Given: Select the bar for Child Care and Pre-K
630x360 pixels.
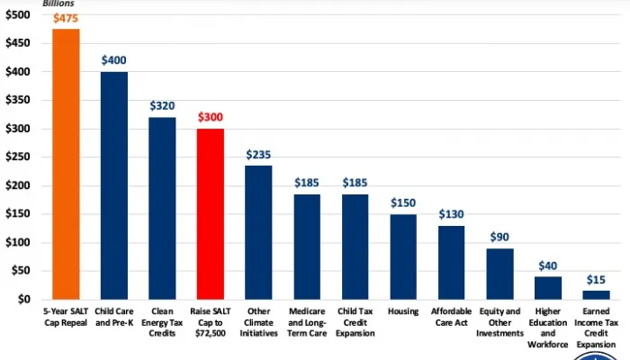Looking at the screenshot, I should point(113,185).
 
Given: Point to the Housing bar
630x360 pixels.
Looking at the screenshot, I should point(403,256).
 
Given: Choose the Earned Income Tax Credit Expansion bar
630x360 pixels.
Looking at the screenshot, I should point(596,294).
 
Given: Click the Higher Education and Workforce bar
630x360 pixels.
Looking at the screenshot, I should point(547,287).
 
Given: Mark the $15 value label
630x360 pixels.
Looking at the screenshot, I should point(596,281).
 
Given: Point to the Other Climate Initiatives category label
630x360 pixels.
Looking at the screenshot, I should point(258,321).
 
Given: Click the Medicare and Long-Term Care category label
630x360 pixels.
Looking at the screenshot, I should point(307,321).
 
